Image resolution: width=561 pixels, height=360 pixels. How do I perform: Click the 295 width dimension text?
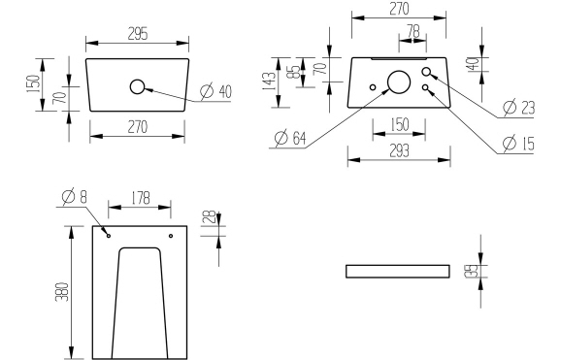[137, 33]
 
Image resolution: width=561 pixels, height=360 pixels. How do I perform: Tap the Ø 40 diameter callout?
[215, 92]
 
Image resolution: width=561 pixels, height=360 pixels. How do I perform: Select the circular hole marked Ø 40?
[137, 87]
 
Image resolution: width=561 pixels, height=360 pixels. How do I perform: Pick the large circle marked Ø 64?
[399, 82]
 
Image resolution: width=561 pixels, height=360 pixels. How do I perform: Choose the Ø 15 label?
[519, 143]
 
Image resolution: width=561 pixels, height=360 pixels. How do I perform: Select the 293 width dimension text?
[398, 150]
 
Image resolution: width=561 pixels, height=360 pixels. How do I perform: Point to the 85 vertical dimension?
[293, 76]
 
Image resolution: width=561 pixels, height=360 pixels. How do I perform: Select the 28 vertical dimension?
[207, 220]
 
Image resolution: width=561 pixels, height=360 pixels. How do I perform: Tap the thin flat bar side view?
[398, 271]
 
